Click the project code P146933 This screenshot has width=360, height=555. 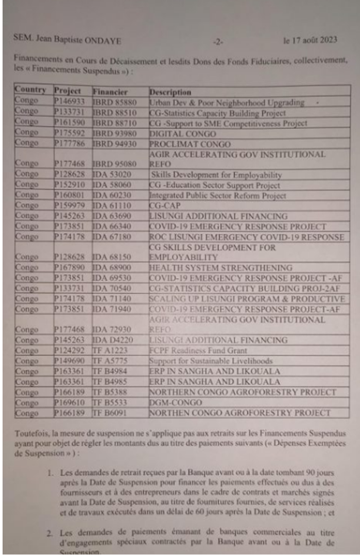[x=68, y=102]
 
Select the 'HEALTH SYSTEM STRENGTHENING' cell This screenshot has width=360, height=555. [x=220, y=268]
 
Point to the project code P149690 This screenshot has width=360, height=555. [x=68, y=361]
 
